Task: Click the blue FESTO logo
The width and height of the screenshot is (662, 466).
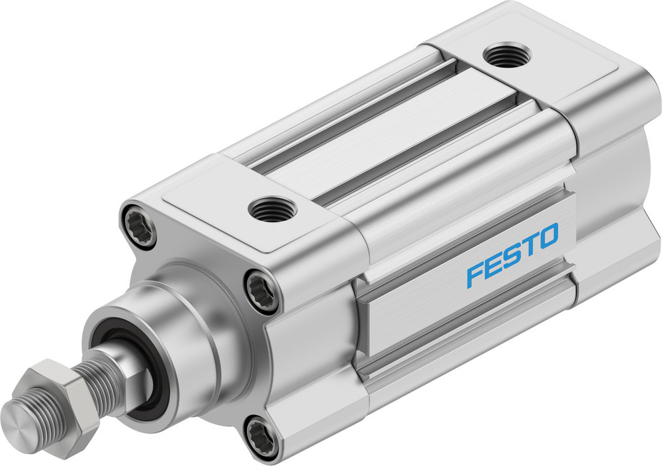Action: point(512,256)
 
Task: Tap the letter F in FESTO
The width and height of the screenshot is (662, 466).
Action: point(475,273)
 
